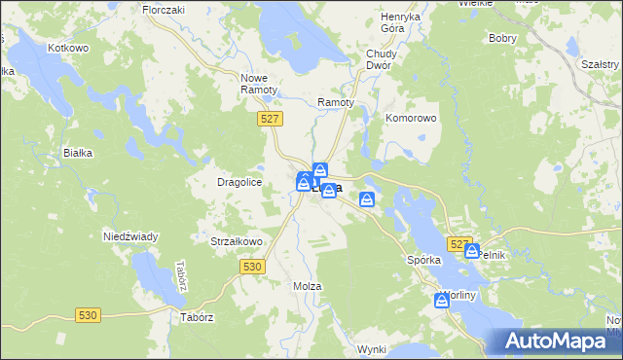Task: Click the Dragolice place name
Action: [x=239, y=182]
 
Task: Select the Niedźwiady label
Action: [x=130, y=236]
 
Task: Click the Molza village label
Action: [x=307, y=286]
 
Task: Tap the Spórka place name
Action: [x=424, y=261]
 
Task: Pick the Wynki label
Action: [x=372, y=348]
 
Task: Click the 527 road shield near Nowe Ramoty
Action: [x=272, y=119]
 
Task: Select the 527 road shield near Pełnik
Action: [x=459, y=243]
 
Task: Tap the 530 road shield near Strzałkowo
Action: [x=252, y=266]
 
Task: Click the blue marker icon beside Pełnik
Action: [x=472, y=250]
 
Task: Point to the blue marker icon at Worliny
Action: [x=441, y=302]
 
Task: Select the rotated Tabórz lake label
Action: [x=180, y=277]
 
